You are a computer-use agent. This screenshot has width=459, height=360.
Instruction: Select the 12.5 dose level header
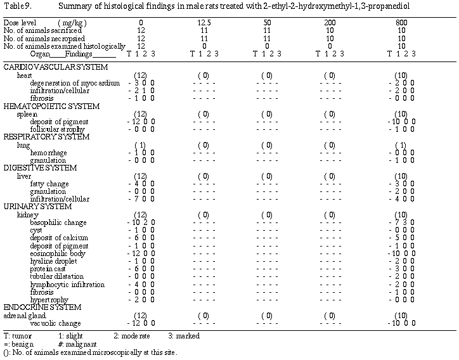pyautogui.click(x=204, y=23)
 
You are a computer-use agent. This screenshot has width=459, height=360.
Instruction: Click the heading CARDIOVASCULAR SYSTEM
pyautogui.click(x=55, y=67)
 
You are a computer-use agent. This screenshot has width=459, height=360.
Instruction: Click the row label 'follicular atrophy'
pyautogui.click(x=58, y=129)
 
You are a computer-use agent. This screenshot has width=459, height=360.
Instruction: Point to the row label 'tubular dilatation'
pyautogui.click(x=56, y=276)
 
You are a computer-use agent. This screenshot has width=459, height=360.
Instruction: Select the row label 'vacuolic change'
pyautogui.click(x=53, y=323)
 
